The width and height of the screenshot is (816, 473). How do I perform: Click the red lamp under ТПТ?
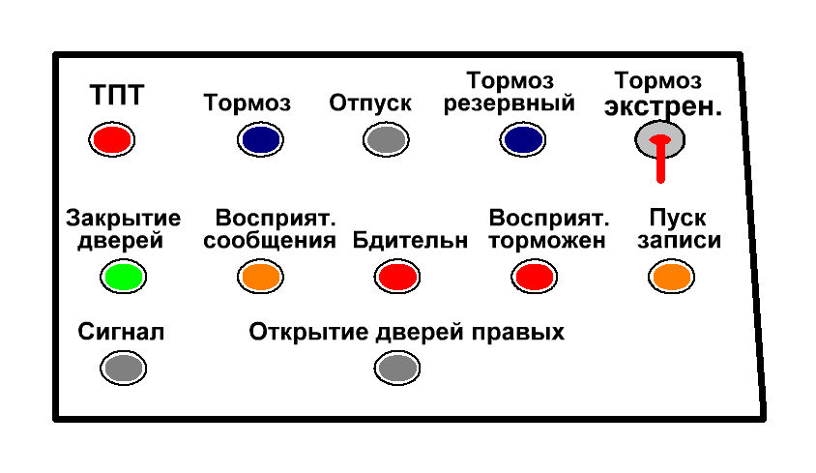pos(111,139)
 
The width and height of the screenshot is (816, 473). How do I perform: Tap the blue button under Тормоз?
pos(260,140)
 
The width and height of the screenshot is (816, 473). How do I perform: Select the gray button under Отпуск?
pos(387,141)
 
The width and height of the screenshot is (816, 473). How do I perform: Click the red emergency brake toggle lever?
pos(661,159)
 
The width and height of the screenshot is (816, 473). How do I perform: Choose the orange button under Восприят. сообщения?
pos(260,278)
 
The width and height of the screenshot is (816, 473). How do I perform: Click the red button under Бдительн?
pos(397,278)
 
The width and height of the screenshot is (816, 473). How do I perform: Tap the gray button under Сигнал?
pos(123,368)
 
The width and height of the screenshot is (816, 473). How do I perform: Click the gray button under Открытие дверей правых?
pos(397,368)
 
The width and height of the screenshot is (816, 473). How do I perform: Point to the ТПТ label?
pos(117,96)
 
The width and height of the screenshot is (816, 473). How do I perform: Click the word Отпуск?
pos(370,103)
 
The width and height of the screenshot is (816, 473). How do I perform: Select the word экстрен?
pos(663,107)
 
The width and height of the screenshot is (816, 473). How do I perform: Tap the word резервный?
pos(510,103)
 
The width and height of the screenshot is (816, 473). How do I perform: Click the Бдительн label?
pos(411,240)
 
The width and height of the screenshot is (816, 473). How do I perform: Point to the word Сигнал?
pos(121,333)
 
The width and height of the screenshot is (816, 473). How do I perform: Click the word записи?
pos(678,241)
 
